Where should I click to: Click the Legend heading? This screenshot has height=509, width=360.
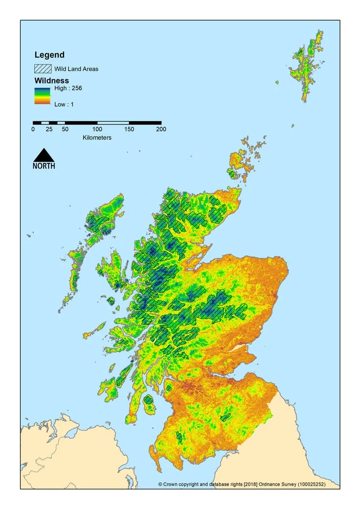tap(49, 55)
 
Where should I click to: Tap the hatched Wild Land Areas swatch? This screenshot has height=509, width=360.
tap(42, 69)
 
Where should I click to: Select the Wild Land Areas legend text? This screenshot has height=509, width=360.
tap(76, 69)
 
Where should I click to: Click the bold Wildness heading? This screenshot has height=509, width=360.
tap(52, 81)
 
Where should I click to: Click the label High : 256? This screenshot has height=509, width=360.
tap(68, 88)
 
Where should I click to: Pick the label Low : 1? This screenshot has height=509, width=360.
tap(64, 104)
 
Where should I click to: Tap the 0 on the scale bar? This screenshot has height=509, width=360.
tap(33, 129)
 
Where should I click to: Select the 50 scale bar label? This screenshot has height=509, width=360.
tap(65, 129)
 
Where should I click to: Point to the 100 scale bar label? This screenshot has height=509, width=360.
tap(97, 129)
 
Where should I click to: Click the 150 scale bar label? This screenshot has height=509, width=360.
tap(129, 129)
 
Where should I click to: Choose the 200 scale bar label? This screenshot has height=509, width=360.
tap(161, 129)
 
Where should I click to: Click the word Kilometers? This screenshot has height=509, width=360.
tap(97, 138)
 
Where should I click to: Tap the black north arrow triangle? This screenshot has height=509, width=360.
tap(43, 156)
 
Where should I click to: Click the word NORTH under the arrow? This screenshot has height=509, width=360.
tap(43, 166)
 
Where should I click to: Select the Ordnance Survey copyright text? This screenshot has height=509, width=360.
tap(248, 484)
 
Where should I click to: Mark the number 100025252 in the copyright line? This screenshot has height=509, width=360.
tap(321, 484)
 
